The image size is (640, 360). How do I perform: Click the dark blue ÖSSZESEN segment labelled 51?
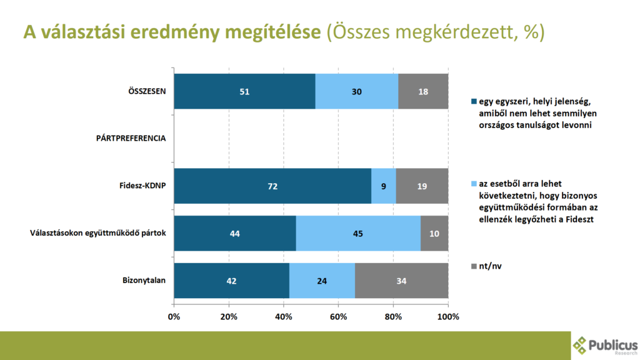click(x=244, y=91)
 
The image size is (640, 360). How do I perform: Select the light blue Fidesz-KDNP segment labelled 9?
click(x=383, y=186)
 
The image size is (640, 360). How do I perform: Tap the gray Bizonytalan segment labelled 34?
click(x=401, y=281)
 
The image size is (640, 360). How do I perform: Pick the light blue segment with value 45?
click(x=358, y=234)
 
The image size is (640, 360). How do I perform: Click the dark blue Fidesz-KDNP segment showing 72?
click(x=272, y=186)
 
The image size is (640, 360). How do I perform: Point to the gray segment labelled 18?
click(x=423, y=91)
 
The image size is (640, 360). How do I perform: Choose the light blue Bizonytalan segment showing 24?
click(x=321, y=281)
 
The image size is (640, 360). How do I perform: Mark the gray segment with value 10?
click(x=434, y=234)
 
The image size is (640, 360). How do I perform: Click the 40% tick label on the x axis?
click(x=284, y=317)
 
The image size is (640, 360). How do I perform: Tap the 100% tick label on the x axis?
click(x=448, y=317)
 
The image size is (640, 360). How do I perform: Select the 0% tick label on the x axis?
click(x=174, y=317)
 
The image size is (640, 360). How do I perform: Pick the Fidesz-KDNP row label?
click(x=142, y=186)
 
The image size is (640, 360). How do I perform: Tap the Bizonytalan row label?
click(x=144, y=281)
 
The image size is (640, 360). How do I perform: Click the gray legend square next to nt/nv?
click(x=474, y=266)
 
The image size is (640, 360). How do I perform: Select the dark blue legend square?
click(x=474, y=101)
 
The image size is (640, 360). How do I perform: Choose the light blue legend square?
click(x=474, y=184)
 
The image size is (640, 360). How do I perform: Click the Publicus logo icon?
click(x=580, y=345)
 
